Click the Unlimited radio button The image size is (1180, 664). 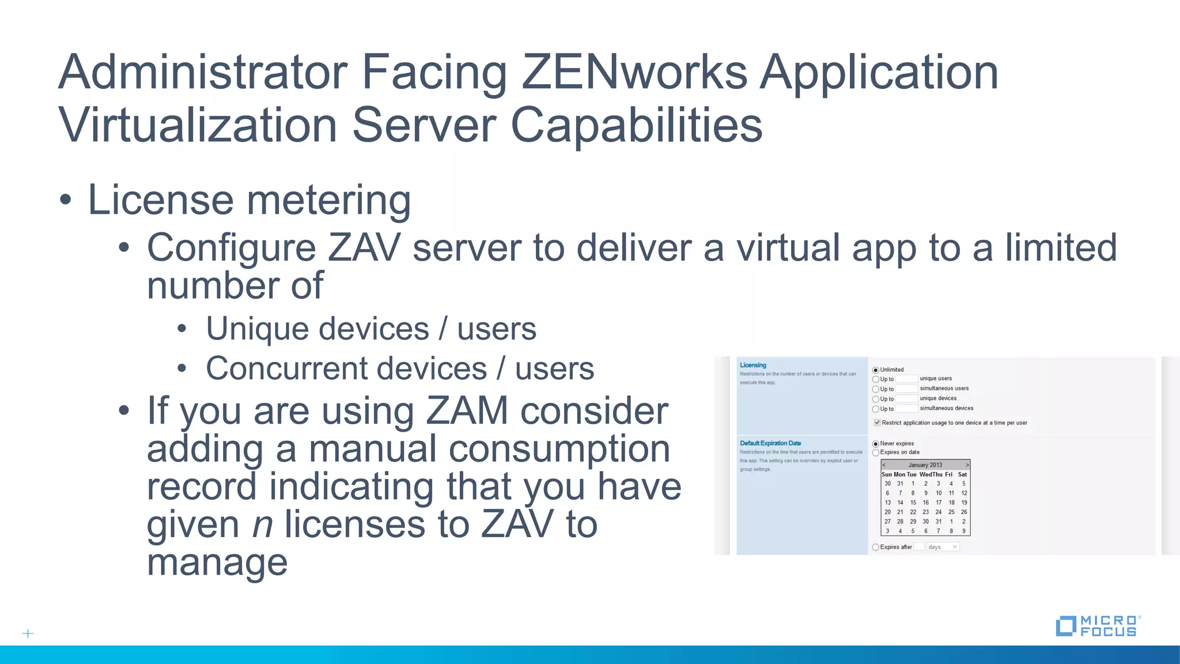pos(876,370)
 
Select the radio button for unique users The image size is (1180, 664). pos(876,379)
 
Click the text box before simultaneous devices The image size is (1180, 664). pos(906,409)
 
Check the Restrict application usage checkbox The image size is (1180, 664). pos(877,422)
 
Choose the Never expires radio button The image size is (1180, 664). pos(876,444)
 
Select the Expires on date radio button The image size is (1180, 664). pos(876,452)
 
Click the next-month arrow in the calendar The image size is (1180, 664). pos(967,465)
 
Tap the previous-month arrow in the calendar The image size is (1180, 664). pos(884,465)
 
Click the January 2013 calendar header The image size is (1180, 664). pos(925,465)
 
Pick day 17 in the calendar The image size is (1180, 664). pos(939,503)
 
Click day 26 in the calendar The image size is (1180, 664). pos(964,512)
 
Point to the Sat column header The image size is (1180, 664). pos(962,474)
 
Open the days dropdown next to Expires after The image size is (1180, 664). pos(943,547)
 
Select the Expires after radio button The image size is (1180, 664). pos(876,547)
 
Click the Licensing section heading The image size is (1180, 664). pos(753,365)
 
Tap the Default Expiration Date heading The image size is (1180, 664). pos(770,443)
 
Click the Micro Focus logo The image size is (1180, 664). pos(1097,626)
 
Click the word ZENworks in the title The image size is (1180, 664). pos(634,73)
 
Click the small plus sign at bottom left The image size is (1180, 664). pos(28,633)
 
